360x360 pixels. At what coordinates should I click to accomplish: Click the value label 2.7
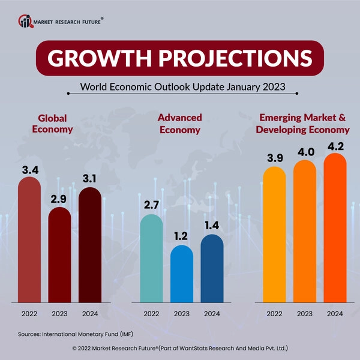click(151, 206)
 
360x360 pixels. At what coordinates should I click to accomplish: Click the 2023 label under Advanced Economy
click(182, 313)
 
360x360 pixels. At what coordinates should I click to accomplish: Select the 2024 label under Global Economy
click(90, 313)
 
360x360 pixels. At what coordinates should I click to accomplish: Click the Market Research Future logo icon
click(25, 22)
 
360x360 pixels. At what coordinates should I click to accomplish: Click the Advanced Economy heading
click(180, 123)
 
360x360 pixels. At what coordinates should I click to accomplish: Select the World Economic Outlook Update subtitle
click(182, 87)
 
